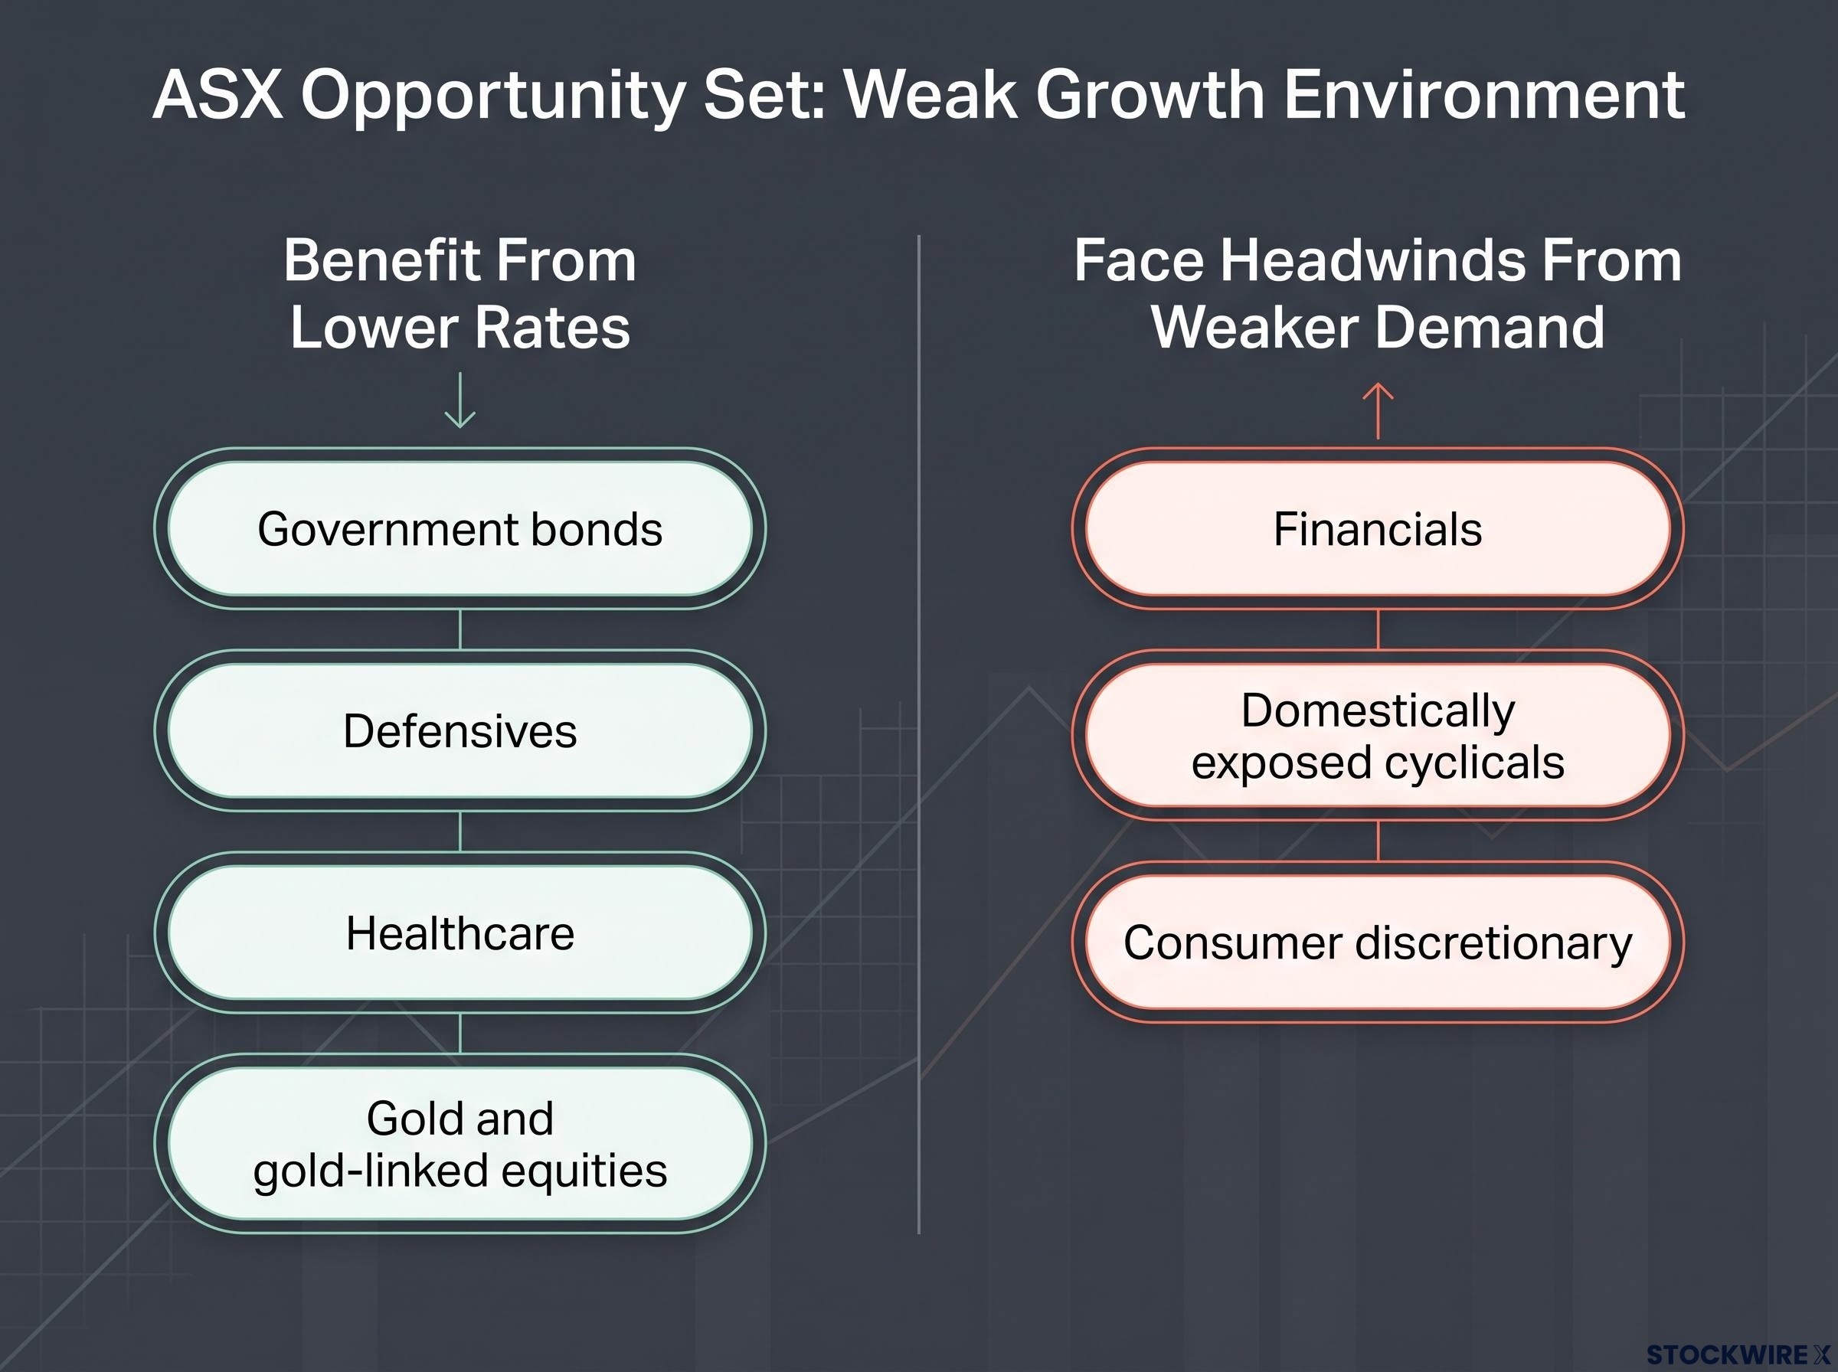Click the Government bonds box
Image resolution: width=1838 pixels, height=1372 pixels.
click(460, 529)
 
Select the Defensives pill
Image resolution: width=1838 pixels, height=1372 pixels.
click(460, 731)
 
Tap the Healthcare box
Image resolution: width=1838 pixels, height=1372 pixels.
click(460, 933)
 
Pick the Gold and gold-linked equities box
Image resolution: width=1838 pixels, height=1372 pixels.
click(460, 1144)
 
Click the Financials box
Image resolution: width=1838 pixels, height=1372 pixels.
click(1378, 529)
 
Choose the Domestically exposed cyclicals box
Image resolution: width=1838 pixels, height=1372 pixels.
click(1378, 736)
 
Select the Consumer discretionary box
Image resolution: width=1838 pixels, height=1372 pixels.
click(1378, 942)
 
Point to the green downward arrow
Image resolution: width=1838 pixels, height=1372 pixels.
click(460, 400)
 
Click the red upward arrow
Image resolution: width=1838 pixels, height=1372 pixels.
click(1378, 410)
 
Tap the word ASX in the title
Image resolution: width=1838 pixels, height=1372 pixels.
click(217, 95)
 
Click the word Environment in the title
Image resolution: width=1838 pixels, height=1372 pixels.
click(1485, 95)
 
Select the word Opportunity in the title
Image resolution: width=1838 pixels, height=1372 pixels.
click(493, 98)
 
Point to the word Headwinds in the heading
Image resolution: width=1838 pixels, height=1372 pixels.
click(1375, 260)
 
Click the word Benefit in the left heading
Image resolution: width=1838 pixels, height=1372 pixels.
click(378, 260)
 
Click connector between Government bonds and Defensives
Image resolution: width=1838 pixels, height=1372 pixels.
click(460, 629)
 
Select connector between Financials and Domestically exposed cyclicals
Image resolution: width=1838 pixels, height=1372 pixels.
click(1378, 629)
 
